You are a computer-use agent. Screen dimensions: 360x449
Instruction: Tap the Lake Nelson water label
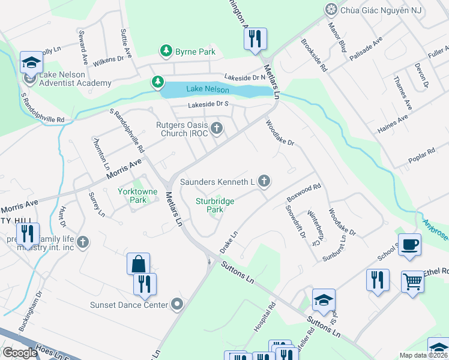[208, 89]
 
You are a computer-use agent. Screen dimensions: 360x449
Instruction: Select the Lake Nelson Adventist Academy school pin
[30, 63]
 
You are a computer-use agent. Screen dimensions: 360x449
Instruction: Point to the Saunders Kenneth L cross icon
[263, 181]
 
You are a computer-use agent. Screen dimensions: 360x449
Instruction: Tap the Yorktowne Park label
[133, 196]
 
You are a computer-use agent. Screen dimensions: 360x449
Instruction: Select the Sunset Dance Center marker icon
[176, 305]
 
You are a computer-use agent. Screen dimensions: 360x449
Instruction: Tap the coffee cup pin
[409, 245]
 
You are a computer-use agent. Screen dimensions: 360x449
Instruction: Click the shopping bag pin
[138, 263]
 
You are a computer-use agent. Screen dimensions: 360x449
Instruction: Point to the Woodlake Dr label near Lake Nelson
[280, 133]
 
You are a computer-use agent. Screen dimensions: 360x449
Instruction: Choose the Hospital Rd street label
[264, 317]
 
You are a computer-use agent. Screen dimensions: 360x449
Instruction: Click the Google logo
[20, 353]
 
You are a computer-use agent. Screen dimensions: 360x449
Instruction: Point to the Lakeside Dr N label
[245, 77]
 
